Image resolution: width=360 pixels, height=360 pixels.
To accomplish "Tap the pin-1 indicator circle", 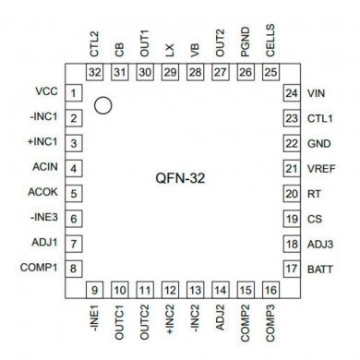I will click(103, 106).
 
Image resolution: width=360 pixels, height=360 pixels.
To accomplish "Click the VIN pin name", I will click(317, 93).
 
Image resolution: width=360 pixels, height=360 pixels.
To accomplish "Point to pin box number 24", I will click(290, 93).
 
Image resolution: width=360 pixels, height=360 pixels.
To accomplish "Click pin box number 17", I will click(290, 269).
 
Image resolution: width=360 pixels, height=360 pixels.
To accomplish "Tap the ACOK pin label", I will click(43, 193).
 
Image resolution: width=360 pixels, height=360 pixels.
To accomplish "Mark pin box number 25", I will click(269, 71).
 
